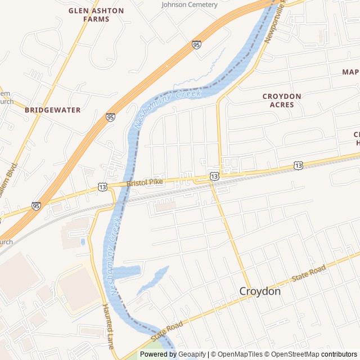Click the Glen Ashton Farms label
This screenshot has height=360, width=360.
[89, 15]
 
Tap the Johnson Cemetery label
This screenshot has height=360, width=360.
[189, 4]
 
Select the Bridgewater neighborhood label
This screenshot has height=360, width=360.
[53, 110]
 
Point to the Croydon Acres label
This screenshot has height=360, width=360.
[282, 100]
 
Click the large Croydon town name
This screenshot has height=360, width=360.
[260, 291]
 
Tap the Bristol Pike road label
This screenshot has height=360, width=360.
[145, 182]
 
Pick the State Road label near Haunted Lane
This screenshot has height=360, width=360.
[167, 331]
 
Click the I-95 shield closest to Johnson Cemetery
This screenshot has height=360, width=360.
[196, 44]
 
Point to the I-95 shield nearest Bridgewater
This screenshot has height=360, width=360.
[110, 118]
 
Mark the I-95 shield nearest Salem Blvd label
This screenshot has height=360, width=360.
[36, 206]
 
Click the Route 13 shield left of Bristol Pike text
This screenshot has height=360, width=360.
[102, 186]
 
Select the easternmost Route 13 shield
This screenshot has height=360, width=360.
[298, 165]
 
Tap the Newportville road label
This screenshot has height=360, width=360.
[276, 22]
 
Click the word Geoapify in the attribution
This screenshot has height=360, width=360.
[191, 354]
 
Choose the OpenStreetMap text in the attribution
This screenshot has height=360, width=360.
[292, 354]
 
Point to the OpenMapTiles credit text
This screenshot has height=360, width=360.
[239, 354]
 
